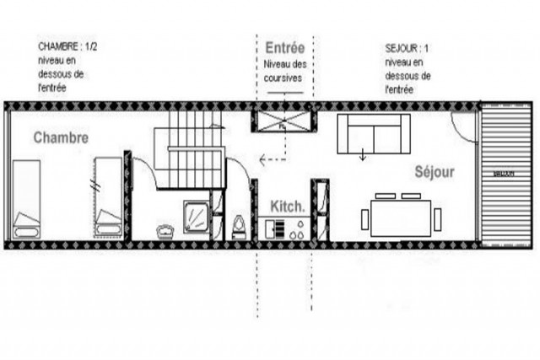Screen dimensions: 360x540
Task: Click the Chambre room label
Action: [x=61, y=137]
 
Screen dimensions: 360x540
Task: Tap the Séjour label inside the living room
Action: [x=434, y=172]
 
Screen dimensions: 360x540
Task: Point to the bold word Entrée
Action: [x=284, y=48]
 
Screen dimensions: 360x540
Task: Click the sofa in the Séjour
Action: [x=370, y=133]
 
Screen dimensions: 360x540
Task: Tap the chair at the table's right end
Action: [x=437, y=220]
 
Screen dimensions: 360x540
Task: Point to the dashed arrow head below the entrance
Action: [x=263, y=158]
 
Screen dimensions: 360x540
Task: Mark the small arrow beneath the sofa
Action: [x=363, y=155]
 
